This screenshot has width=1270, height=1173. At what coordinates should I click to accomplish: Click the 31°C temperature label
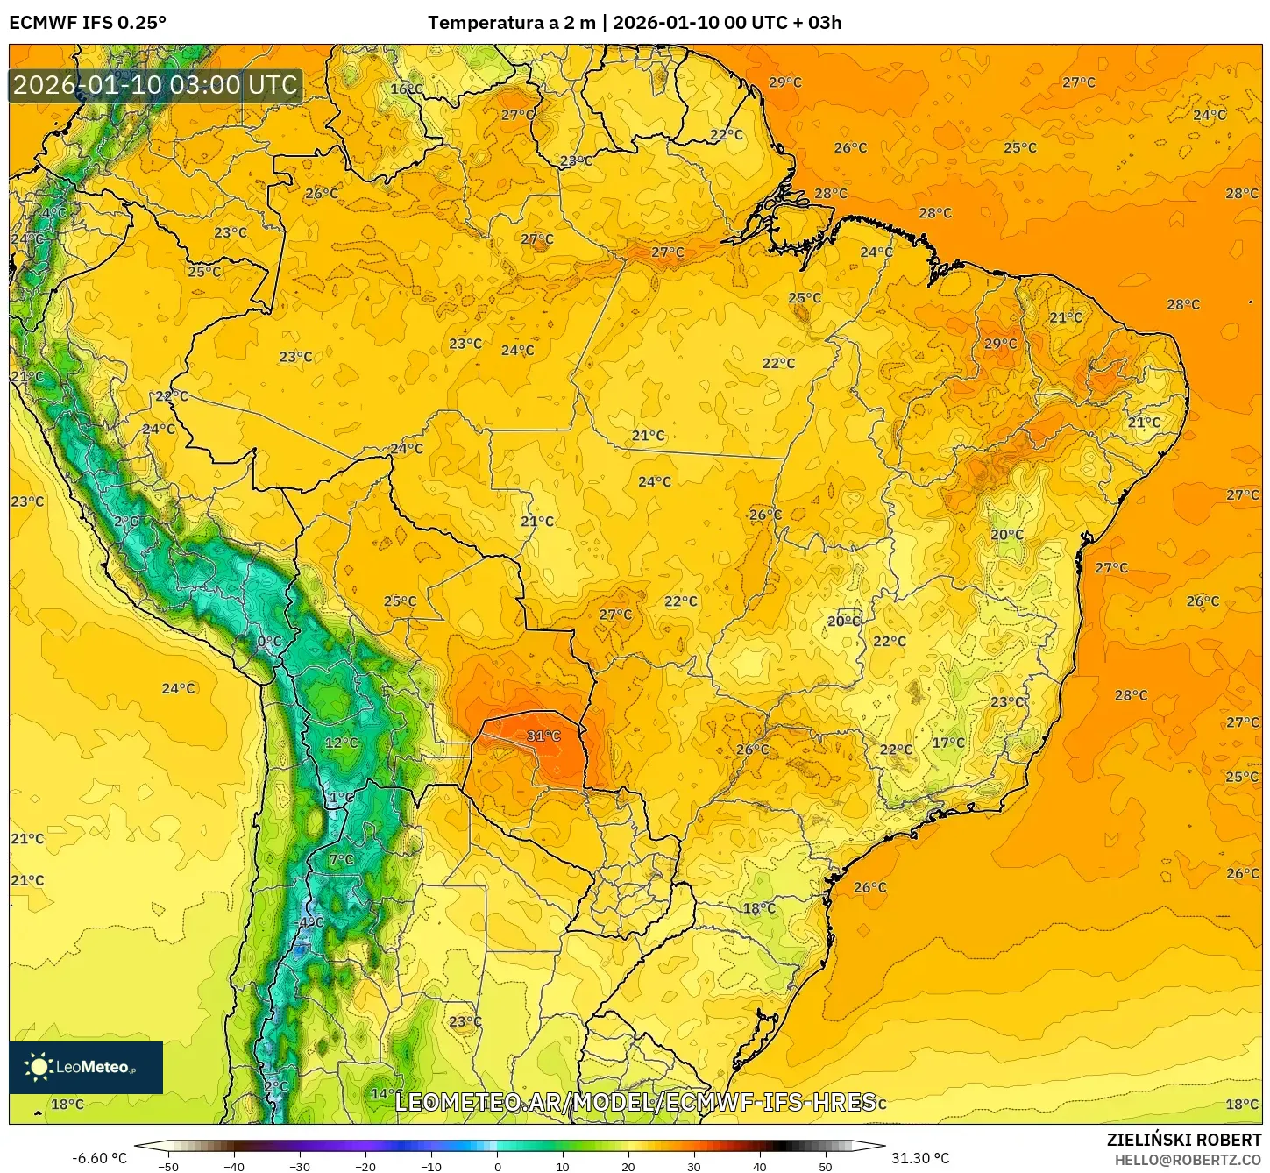[x=543, y=736]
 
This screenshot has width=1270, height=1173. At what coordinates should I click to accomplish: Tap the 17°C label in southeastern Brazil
[x=947, y=743]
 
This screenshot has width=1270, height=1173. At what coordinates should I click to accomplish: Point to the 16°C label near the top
[x=406, y=89]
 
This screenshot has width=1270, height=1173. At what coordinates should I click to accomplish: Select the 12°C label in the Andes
[x=341, y=743]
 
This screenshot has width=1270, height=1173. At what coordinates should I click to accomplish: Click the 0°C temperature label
[x=269, y=642]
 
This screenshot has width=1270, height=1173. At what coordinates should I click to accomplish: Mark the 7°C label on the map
[x=341, y=859]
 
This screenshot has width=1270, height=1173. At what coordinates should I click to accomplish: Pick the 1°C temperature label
[x=341, y=798]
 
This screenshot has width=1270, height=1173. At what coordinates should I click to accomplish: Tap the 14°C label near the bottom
[x=383, y=1093]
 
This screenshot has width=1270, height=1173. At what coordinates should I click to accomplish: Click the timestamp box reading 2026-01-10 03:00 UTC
[x=155, y=85]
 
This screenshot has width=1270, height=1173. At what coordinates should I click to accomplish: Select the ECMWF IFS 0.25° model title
[x=88, y=23]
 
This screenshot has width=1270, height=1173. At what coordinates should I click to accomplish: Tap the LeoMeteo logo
[x=86, y=1067]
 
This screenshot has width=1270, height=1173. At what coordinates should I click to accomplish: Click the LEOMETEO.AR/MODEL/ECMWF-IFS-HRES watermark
[x=635, y=1102]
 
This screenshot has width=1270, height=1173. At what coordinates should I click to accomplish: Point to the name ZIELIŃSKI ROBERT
[x=1183, y=1140]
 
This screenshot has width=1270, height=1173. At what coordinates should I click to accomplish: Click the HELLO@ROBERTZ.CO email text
[x=1187, y=1160]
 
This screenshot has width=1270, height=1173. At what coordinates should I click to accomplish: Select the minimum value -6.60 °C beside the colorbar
[x=99, y=1158]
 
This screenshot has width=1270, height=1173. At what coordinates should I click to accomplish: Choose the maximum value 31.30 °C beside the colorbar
[x=920, y=1158]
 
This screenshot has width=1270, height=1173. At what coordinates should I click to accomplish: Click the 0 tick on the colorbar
[x=497, y=1166]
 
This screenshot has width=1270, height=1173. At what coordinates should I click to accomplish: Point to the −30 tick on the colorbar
[x=300, y=1166]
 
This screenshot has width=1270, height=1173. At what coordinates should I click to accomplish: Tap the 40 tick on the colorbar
[x=759, y=1166]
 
